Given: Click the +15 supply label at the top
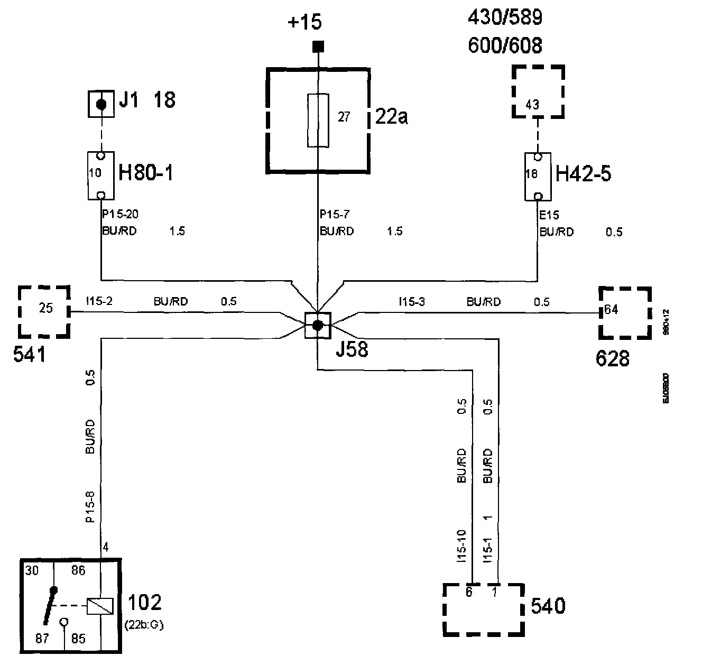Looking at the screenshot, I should [304, 23].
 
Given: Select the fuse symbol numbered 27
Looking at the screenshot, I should [318, 121].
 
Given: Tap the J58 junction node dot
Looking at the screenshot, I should [318, 326].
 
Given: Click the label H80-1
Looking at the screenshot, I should [145, 173].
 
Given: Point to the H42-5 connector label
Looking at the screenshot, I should [584, 173].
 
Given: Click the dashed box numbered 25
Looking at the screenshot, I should [45, 311].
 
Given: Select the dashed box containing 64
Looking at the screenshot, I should [624, 312].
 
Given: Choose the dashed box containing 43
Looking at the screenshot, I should [538, 92].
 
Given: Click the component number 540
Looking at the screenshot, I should [548, 606].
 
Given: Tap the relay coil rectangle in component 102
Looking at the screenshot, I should [100, 606].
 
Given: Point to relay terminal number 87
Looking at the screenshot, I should [42, 639].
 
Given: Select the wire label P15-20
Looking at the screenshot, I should [120, 215].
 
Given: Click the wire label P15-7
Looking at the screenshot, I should [335, 215].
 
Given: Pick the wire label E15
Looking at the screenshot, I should [549, 215].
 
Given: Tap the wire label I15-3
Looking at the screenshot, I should [412, 302].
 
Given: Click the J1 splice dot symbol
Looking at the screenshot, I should [101, 104].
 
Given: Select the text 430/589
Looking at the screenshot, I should [505, 19].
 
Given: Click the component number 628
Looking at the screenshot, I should [612, 359].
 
